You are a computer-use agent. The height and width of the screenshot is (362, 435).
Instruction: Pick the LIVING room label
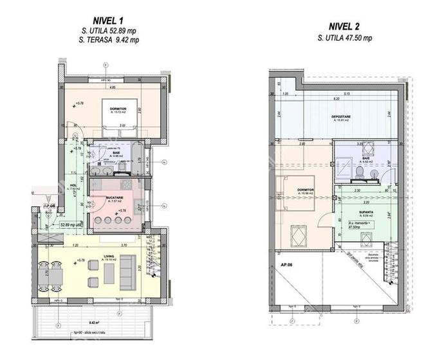click(x=108, y=257)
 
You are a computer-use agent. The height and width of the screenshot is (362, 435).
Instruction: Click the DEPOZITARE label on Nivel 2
click(x=340, y=116)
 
